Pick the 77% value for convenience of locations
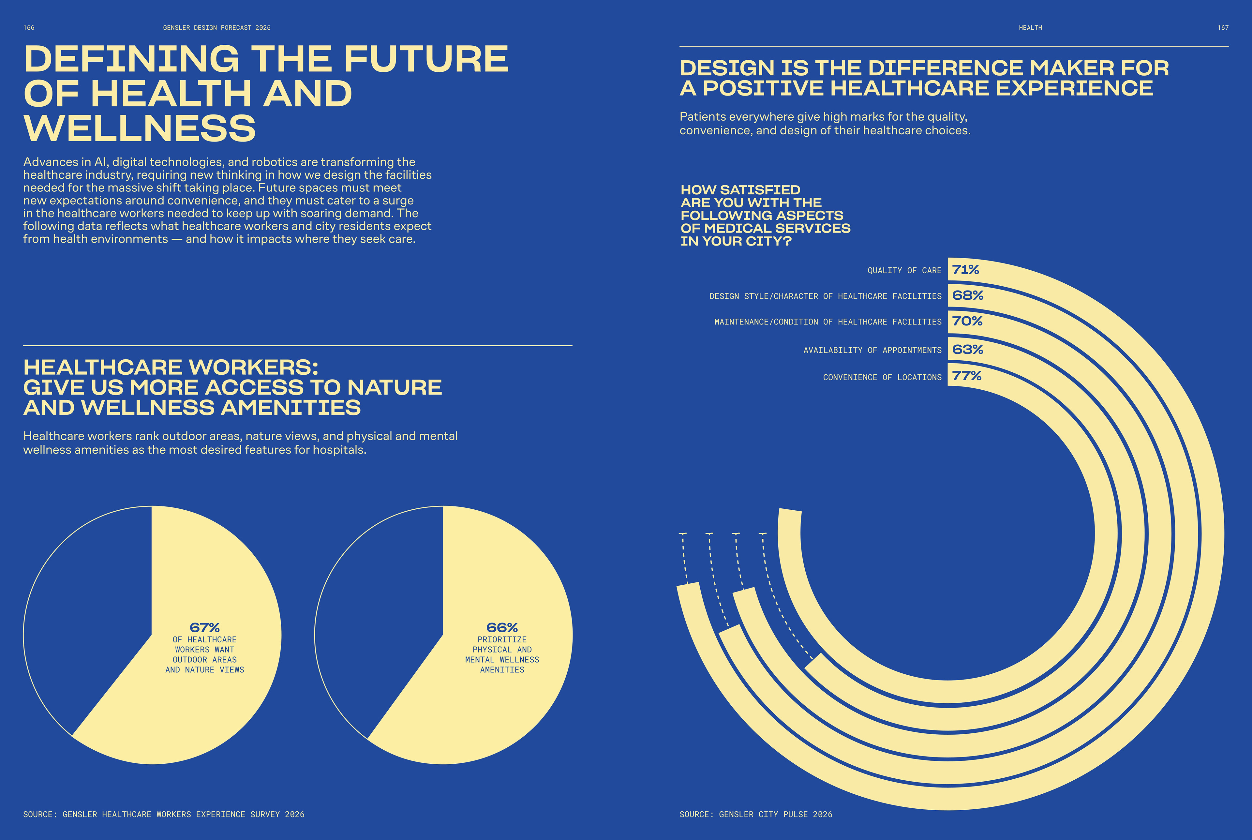[x=967, y=376]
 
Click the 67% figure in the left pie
[x=204, y=627]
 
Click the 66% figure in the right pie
[x=502, y=627]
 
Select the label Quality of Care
[x=904, y=271]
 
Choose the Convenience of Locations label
[x=882, y=378]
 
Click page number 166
[x=29, y=28]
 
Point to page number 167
[x=1223, y=28]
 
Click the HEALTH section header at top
[x=1030, y=28]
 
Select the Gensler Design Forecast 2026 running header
[x=217, y=28]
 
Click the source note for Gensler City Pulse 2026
[x=755, y=814]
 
